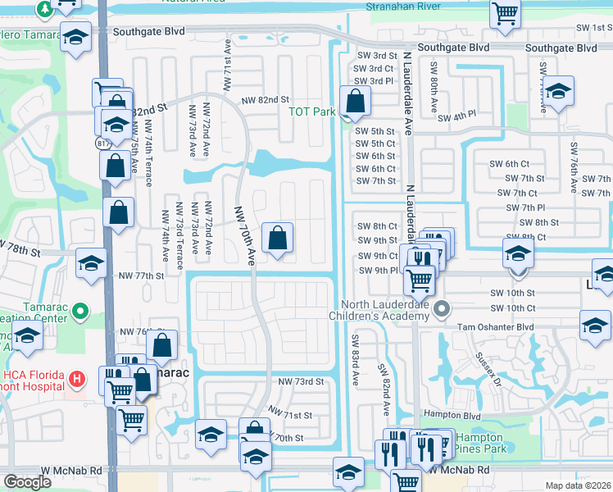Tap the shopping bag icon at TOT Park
point(356,102)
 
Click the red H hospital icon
point(76,379)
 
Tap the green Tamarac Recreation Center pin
point(79,312)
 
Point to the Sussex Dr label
point(488,366)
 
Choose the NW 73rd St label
point(301,382)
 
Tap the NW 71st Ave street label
point(226,66)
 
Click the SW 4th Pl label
point(456,117)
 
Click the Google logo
point(27,482)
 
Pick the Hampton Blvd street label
point(444,415)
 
